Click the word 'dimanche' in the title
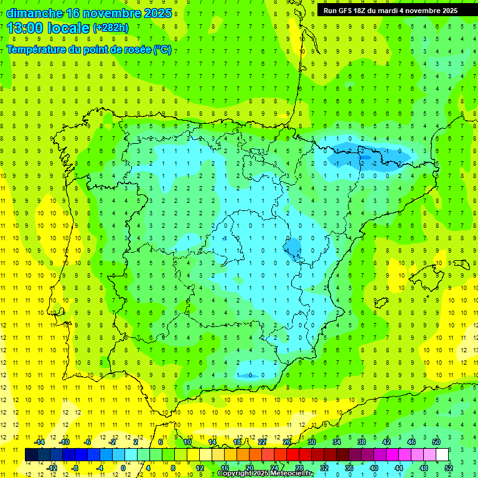[34, 13]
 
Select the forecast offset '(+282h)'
[110, 27]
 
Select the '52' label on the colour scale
[449, 467]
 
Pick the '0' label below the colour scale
[123, 467]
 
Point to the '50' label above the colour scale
[436, 442]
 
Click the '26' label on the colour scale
[287, 442]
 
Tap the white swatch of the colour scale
[442, 454]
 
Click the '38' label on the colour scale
[362, 442]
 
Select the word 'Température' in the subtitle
[37, 50]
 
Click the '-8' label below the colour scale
[75, 467]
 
